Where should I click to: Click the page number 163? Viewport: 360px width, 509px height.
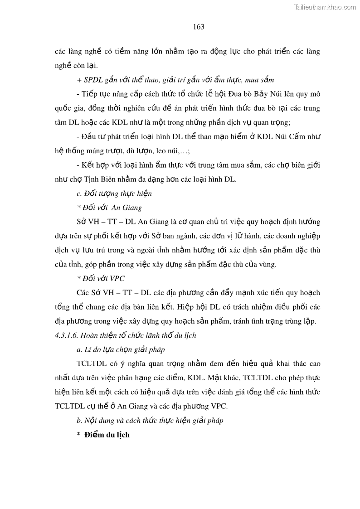pos(199,27)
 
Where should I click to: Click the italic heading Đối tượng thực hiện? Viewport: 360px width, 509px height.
pos(114,194)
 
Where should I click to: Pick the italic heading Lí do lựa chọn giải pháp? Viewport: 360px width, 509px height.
pos(121,349)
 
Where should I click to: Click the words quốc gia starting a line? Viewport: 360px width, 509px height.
pos(68,108)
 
